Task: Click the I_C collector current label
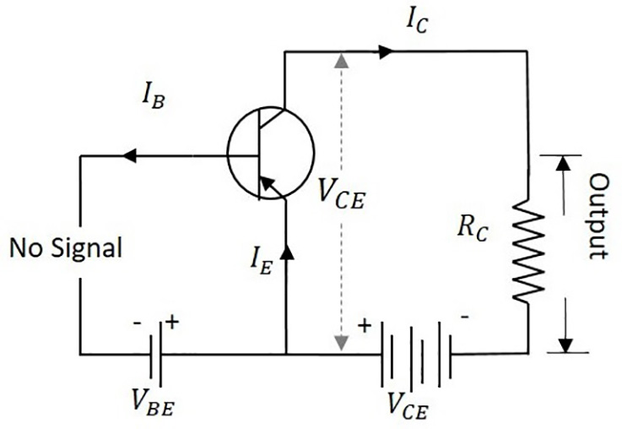[417, 22]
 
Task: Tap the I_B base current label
[154, 97]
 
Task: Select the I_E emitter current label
[262, 261]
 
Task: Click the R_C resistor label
[473, 230]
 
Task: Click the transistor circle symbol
[271, 152]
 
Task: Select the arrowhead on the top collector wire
[386, 52]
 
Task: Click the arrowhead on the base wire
[129, 155]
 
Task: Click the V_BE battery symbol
[155, 355]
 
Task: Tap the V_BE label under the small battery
[154, 402]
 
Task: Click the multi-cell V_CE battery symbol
[416, 355]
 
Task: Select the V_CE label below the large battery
[408, 406]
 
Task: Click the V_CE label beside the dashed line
[342, 194]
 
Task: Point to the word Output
[598, 217]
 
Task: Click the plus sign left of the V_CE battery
[364, 326]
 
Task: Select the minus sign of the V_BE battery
[137, 323]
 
